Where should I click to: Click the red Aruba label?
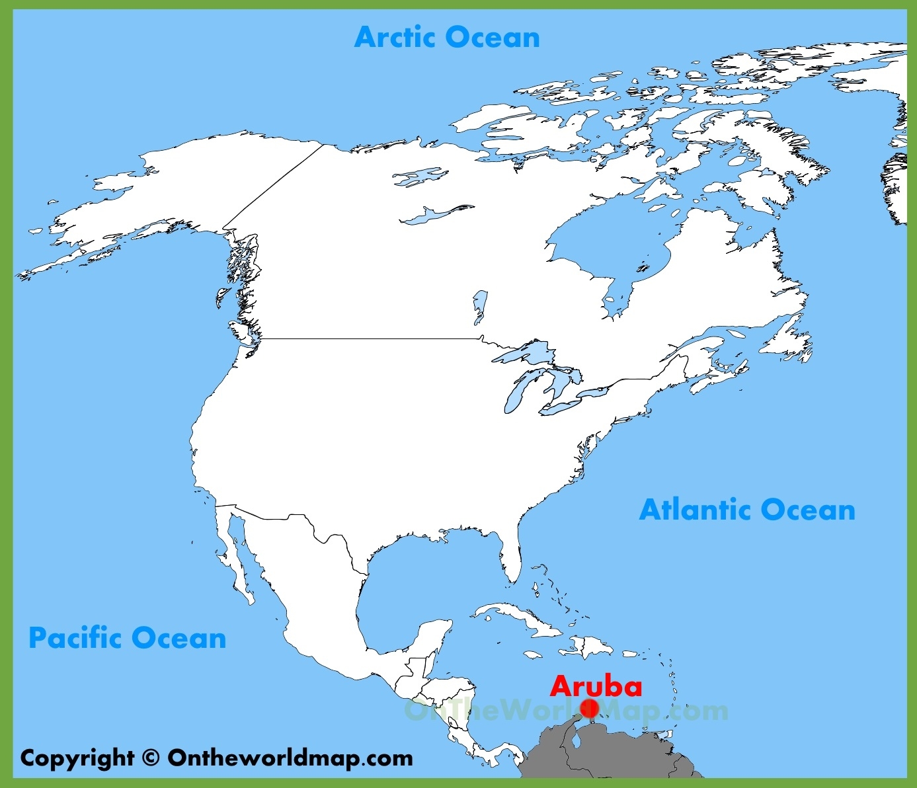(x=596, y=686)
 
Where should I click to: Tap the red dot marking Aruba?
(x=589, y=709)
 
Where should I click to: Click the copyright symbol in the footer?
(x=151, y=758)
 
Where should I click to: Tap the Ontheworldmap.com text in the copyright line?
(x=290, y=758)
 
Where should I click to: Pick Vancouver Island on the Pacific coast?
(x=241, y=335)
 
